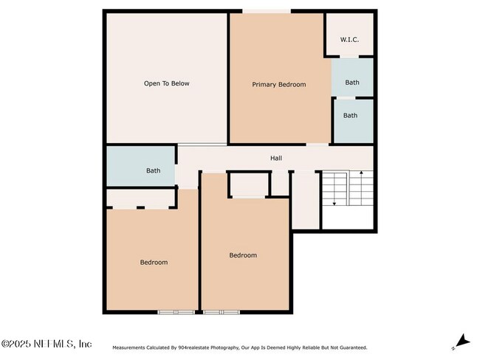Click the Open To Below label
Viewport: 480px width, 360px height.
pos(166,83)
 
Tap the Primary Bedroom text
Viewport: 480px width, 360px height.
pos(278,85)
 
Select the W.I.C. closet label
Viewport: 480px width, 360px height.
pos(349,39)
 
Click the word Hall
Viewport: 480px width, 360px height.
pos(275,158)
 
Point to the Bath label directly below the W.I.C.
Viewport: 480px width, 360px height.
pos(352,83)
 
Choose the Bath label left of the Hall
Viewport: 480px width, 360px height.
pos(153,171)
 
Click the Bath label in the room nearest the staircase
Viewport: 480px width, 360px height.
pos(350,115)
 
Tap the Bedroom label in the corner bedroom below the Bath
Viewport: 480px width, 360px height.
pos(154,263)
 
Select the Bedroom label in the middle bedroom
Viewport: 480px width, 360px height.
pos(242,255)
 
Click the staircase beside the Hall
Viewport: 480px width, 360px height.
pos(347,190)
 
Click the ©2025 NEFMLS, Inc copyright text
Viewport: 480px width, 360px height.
pos(47,344)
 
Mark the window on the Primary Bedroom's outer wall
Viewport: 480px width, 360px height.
pos(267,11)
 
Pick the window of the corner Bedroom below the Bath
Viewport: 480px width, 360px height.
pos(176,312)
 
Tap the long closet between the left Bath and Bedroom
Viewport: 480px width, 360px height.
pos(140,198)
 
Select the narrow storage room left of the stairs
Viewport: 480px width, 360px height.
pos(305,201)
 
